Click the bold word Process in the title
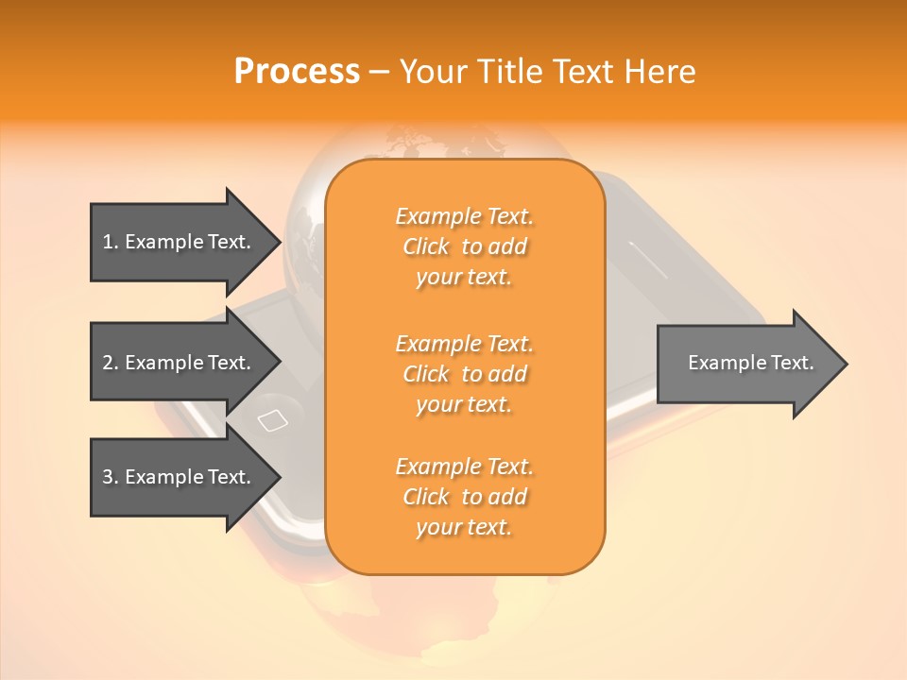point(297,72)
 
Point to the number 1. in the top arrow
point(110,242)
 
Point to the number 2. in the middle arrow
point(110,363)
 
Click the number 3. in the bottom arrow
point(110,477)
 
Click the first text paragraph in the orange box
point(465,246)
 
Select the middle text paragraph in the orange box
point(465,374)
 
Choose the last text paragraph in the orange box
point(465,497)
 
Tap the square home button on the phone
point(272,420)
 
